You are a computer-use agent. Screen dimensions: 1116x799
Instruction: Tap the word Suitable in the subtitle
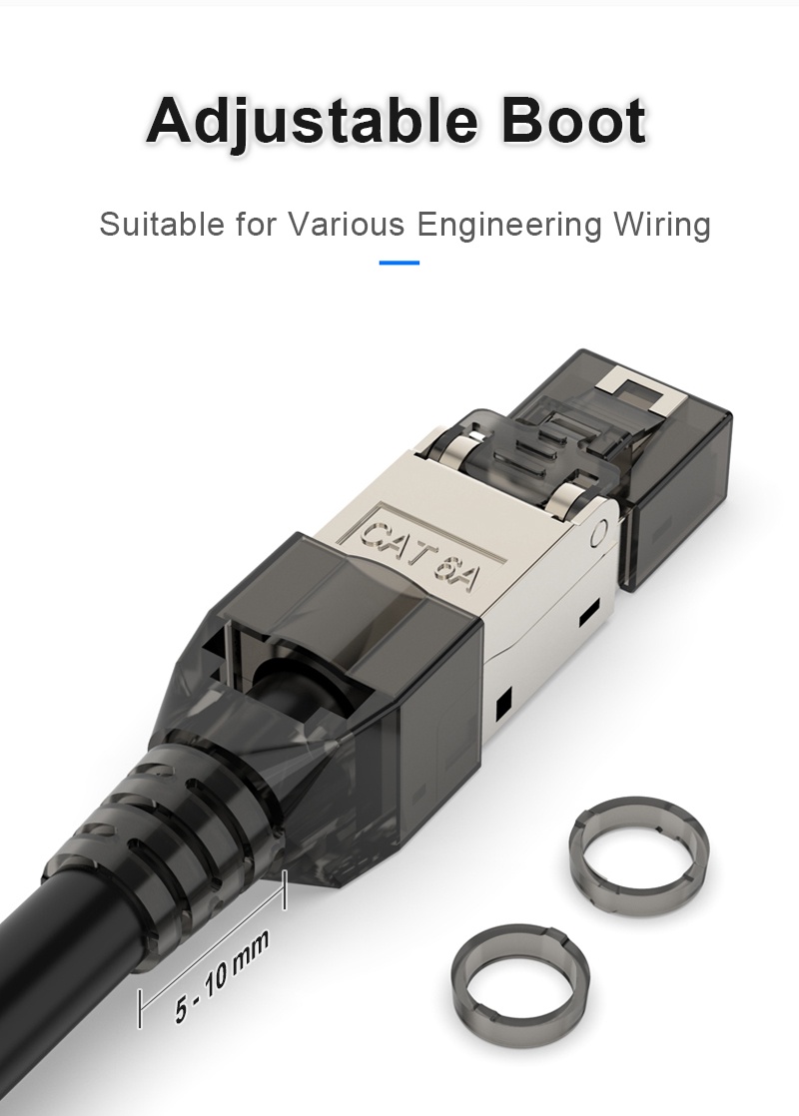click(161, 224)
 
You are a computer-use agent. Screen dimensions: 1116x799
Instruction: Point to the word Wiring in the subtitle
click(661, 224)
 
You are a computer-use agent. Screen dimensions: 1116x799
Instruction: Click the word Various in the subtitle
click(347, 224)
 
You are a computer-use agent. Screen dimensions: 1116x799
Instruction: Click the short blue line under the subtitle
click(399, 264)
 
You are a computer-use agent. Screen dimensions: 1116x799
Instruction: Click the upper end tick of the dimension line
click(286, 888)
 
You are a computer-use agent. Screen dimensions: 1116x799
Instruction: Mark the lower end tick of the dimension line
click(140, 1008)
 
